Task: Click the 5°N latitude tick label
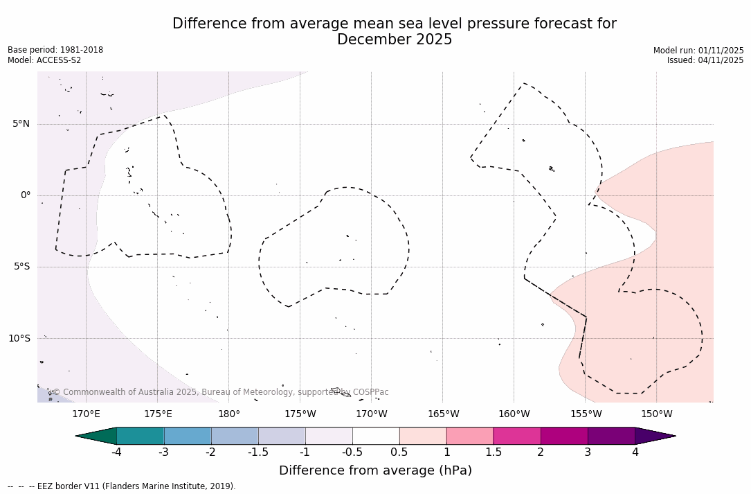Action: click(x=21, y=124)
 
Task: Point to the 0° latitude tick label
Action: click(x=26, y=195)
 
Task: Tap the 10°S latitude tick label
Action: click(x=19, y=339)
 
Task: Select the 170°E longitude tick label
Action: click(x=86, y=414)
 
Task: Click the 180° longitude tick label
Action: click(x=229, y=414)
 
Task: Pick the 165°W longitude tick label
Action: click(x=443, y=414)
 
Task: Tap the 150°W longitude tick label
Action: click(x=657, y=414)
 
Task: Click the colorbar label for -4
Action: click(x=116, y=452)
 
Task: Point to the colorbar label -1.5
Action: click(x=258, y=452)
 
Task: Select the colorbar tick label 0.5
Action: click(x=399, y=452)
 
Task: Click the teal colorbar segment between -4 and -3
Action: click(x=141, y=436)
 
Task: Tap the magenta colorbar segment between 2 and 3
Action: click(x=564, y=436)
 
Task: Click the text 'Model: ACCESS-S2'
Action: click(x=44, y=60)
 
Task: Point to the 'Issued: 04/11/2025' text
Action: click(x=705, y=60)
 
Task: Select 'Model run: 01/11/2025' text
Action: click(x=698, y=51)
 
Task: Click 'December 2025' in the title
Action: click(x=395, y=40)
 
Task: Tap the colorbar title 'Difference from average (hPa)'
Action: click(x=375, y=471)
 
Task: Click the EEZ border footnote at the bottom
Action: click(x=122, y=486)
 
